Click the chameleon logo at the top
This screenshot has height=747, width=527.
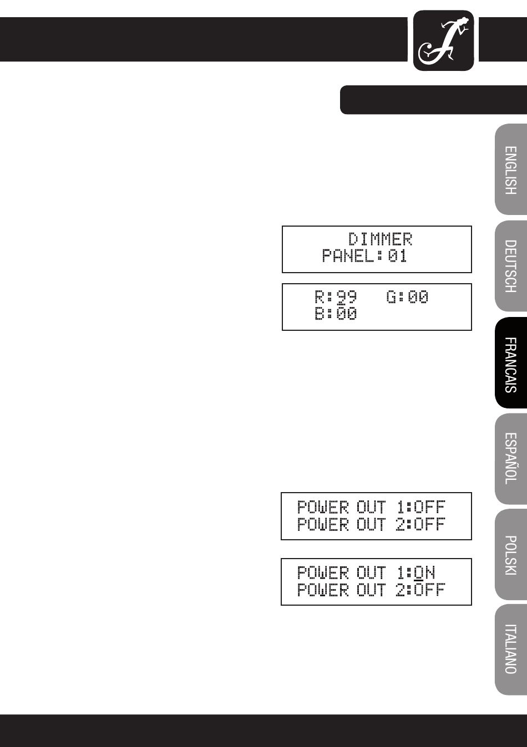pyautogui.click(x=443, y=41)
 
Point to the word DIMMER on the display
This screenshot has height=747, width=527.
pyautogui.click(x=381, y=239)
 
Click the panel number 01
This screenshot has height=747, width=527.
pyautogui.click(x=397, y=256)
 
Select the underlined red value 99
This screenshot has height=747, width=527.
pyautogui.click(x=347, y=297)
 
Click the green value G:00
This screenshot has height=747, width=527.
pyautogui.click(x=408, y=297)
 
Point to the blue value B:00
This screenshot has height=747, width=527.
pyautogui.click(x=336, y=314)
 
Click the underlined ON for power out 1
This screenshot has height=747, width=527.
pyautogui.click(x=424, y=572)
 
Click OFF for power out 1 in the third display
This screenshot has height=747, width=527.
pyautogui.click(x=430, y=507)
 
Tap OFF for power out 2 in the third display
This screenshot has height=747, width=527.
pyautogui.click(x=430, y=524)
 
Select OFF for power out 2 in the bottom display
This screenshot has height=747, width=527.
pyautogui.click(x=430, y=590)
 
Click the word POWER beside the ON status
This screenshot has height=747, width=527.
pyautogui.click(x=323, y=572)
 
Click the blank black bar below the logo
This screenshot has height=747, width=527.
pyautogui.click(x=433, y=100)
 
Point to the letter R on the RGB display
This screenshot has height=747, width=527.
pyautogui.click(x=320, y=297)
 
